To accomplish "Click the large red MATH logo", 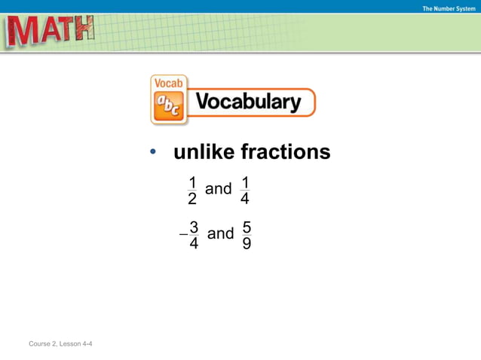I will point(51,32).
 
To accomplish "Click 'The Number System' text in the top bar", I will point(449,8).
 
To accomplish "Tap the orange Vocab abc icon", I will point(169,100).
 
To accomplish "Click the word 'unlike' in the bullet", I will point(204,152).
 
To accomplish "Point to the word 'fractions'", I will point(285,152).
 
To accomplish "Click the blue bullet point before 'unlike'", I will point(153,154).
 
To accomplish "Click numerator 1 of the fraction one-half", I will point(192,182).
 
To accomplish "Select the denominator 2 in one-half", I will point(192,199).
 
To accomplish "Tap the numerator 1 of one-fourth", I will point(245,182).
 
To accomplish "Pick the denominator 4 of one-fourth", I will point(245,199).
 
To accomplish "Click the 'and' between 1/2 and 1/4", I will point(219,189).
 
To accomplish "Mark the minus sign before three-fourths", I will point(182,235).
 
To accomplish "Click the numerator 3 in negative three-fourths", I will point(195,226).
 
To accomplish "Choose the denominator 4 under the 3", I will point(195,243).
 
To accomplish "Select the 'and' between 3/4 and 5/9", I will point(220,233).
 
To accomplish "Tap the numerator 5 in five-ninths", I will point(247,226).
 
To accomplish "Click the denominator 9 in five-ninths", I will point(247,243).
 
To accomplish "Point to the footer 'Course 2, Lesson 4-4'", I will point(60,344).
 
